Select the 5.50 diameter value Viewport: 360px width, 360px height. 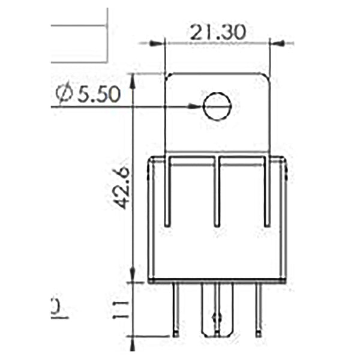pyautogui.click(x=97, y=94)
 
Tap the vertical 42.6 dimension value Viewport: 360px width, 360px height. pyautogui.click(x=122, y=187)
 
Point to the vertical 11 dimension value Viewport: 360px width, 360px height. pyautogui.click(x=122, y=309)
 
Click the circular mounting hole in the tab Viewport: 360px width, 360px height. pyautogui.click(x=217, y=107)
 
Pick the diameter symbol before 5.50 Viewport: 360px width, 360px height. pyautogui.click(x=64, y=94)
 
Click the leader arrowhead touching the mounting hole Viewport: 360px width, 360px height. pyautogui.click(x=197, y=107)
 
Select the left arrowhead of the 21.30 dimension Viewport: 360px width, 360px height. pyautogui.click(x=158, y=43)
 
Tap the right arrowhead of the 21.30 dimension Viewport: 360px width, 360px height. pyautogui.click(x=277, y=43)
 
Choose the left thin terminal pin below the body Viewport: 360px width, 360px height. pyautogui.click(x=176, y=309)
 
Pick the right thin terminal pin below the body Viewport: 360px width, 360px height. pyautogui.click(x=259, y=309)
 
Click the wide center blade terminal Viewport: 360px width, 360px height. pyautogui.click(x=217, y=312)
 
